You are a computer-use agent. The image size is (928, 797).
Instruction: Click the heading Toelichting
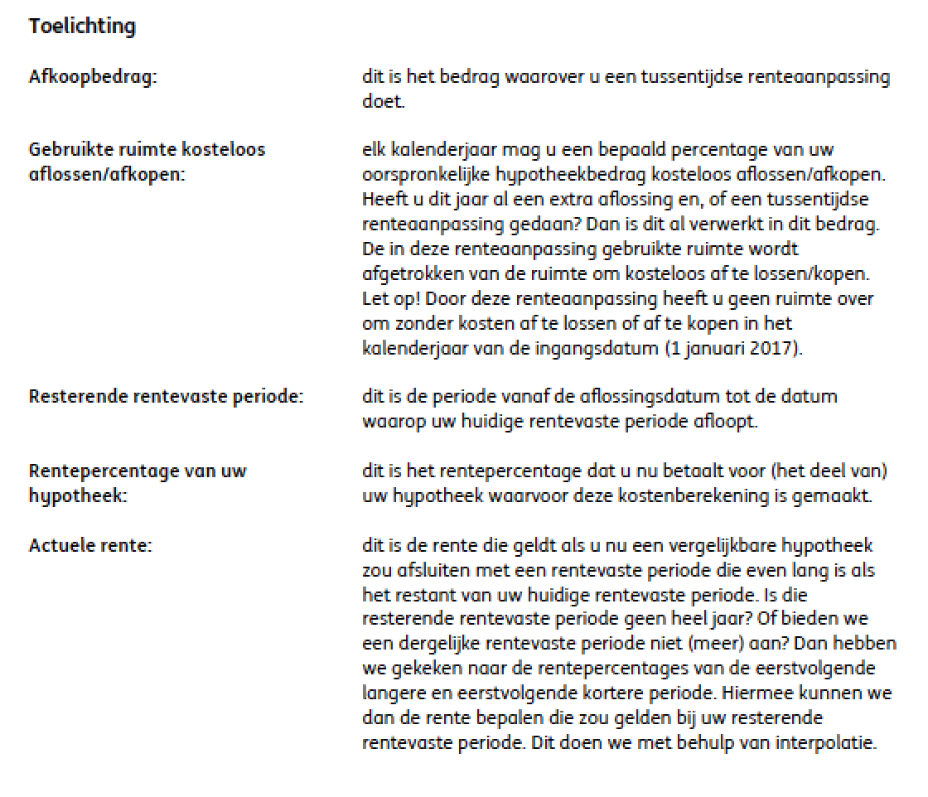81,27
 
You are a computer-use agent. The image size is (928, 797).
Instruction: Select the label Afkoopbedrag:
93,78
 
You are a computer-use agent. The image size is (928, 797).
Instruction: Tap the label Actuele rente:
90,547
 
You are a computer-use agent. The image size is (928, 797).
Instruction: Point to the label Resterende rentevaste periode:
166,397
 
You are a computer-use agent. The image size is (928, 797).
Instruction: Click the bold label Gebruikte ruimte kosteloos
147,150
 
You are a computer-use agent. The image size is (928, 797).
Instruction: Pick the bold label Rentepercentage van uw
138,471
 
